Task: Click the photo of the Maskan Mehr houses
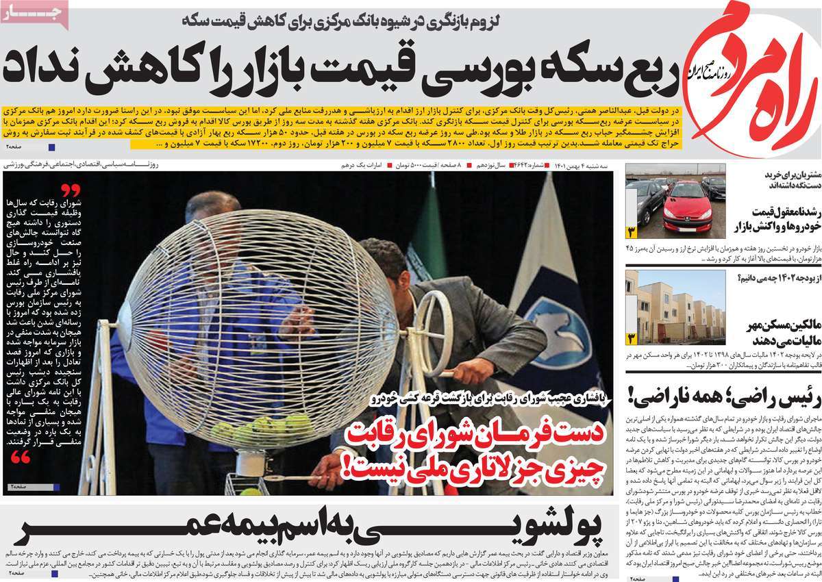675,306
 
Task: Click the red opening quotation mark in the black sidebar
71,190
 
